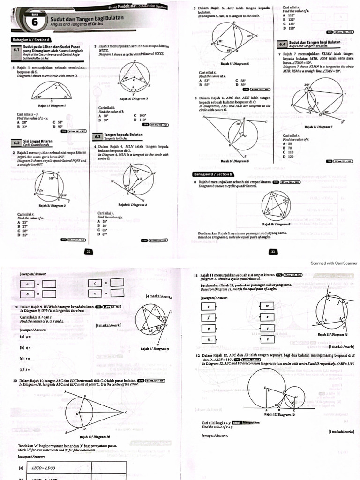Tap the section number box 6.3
98,136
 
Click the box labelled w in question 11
267,306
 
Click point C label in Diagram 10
127,412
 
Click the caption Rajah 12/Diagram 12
279,414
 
